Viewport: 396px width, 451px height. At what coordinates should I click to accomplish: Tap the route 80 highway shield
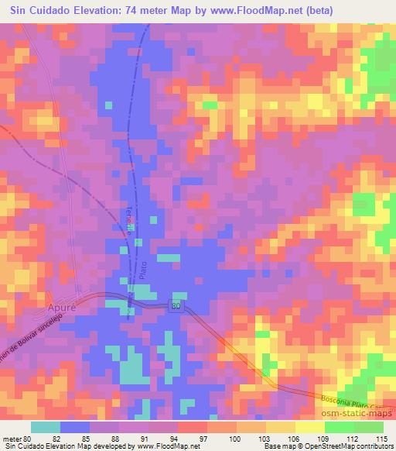[177, 307]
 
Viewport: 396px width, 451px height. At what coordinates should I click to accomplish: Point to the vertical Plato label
[143, 270]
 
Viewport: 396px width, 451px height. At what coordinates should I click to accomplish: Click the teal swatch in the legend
[46, 428]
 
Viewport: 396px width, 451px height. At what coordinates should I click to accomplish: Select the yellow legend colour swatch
[310, 428]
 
